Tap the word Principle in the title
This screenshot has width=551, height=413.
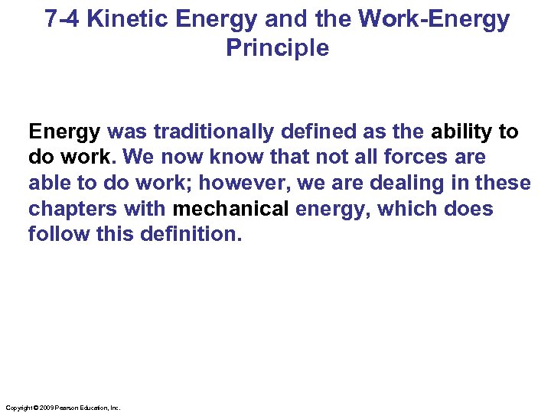pos(277,47)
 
